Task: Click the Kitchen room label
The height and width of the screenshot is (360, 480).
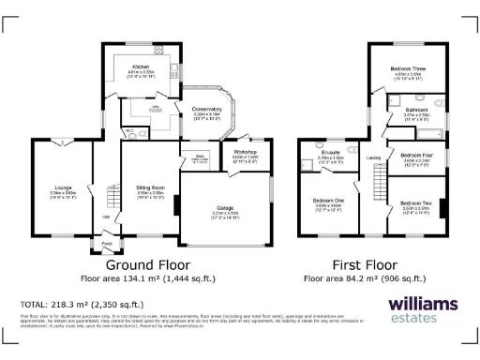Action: (140, 67)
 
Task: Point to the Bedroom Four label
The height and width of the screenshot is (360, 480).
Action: (415, 156)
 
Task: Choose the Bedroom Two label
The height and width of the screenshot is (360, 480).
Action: (415, 202)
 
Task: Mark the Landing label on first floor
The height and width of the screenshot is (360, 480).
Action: (372, 157)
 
